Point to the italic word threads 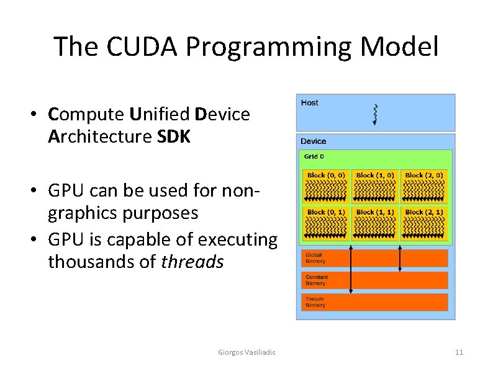(192, 262)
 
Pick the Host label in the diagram (309, 103)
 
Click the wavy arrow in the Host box (374, 113)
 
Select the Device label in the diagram (313, 141)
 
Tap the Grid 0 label (313, 157)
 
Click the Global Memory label (314, 258)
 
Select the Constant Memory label (316, 280)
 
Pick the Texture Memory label (315, 302)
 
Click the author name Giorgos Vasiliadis (247, 352)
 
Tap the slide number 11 (459, 352)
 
